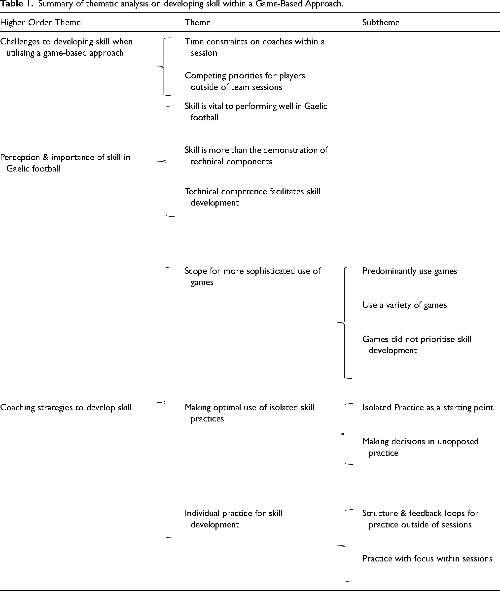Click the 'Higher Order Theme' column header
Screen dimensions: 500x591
click(40, 22)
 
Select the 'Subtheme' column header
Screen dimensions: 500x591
click(381, 22)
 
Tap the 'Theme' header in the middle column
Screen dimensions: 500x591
click(198, 22)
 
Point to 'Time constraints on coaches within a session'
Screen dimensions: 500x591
click(255, 47)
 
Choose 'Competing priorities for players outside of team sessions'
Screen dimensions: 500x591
click(245, 81)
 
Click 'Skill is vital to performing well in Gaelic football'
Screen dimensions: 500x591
click(256, 112)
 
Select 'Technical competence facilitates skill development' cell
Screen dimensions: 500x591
click(253, 197)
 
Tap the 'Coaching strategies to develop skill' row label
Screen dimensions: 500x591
click(66, 407)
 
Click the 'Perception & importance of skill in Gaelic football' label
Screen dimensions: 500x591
click(65, 163)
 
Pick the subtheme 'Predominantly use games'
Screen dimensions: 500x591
click(410, 271)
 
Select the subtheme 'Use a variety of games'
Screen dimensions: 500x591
click(404, 305)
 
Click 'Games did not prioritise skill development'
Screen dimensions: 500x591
click(417, 345)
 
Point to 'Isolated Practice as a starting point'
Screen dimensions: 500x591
click(428, 407)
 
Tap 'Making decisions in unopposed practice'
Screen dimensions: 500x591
click(420, 447)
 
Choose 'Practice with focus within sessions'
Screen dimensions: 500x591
click(428, 558)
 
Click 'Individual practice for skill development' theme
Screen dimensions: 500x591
click(234, 519)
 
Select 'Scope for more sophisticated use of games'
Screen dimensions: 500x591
click(252, 277)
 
